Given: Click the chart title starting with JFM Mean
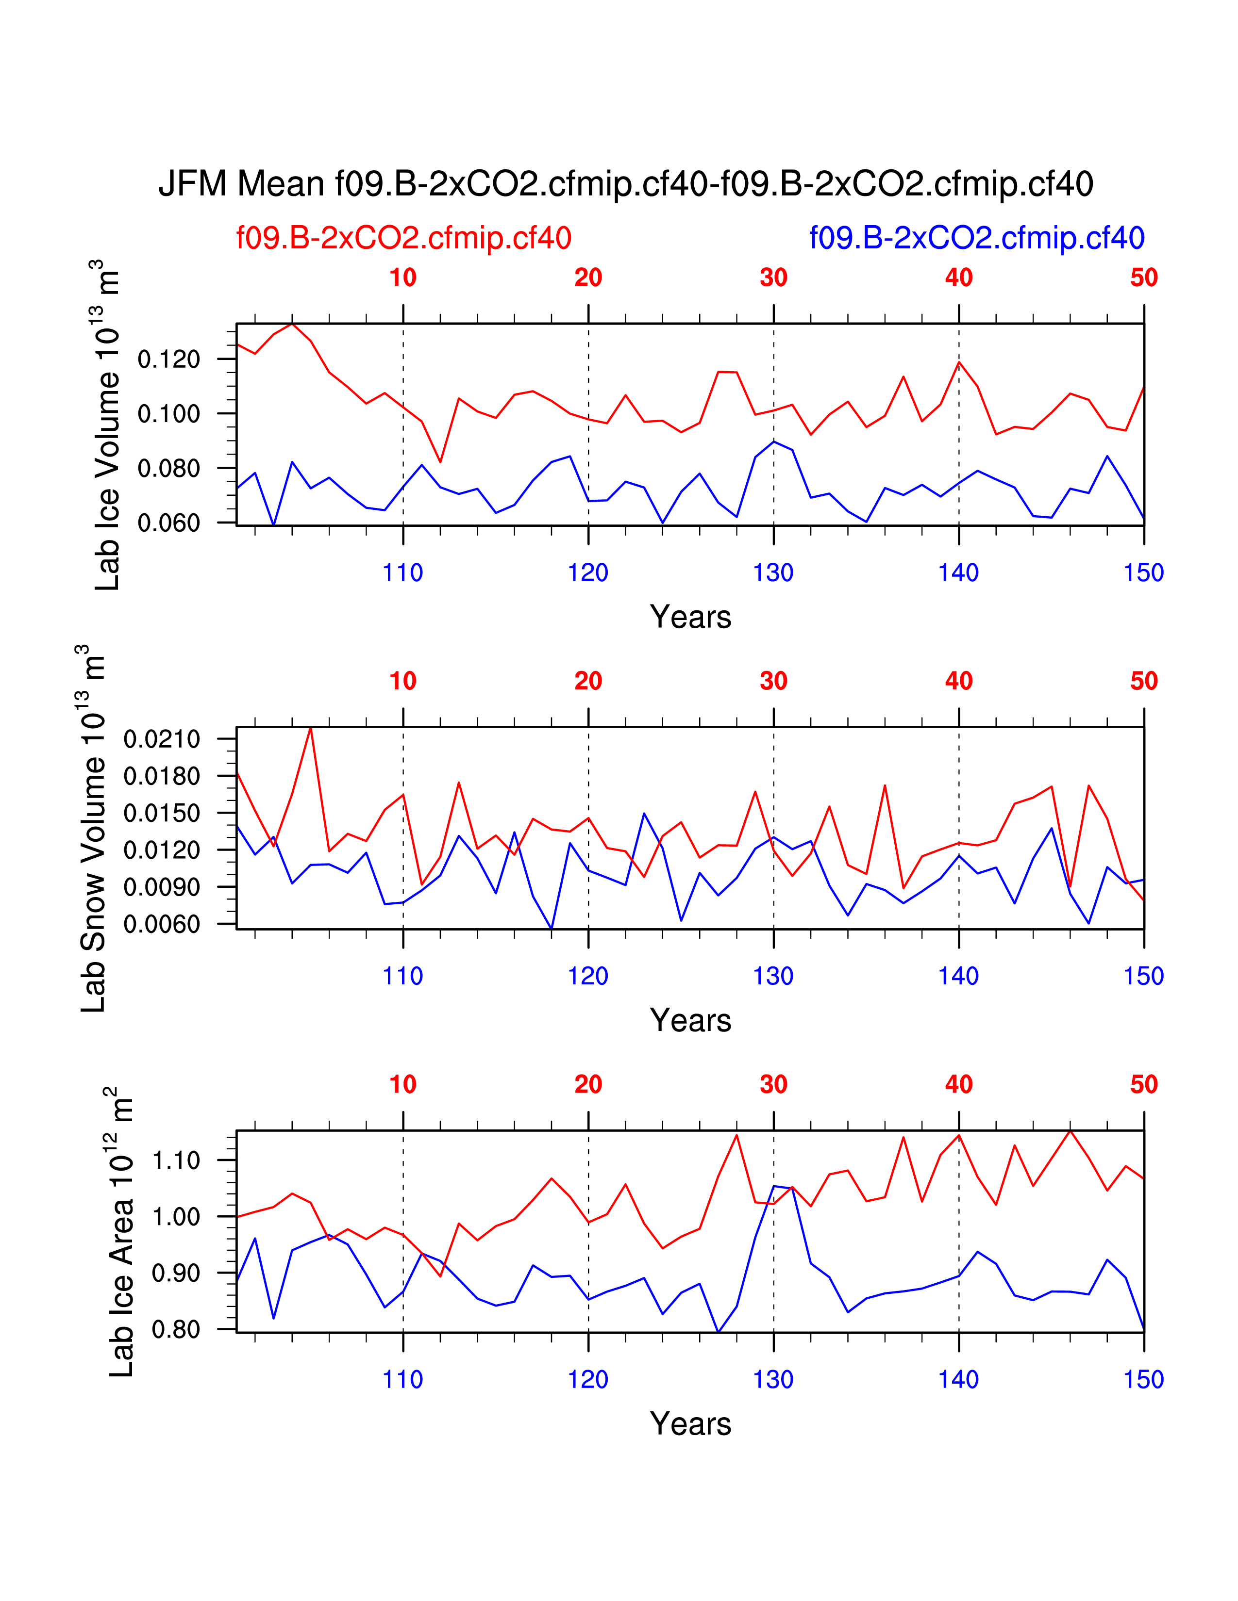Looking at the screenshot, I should [x=626, y=183].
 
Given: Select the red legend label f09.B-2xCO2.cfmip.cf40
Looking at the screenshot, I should [x=403, y=238].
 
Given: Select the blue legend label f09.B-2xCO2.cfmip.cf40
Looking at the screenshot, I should [x=976, y=238].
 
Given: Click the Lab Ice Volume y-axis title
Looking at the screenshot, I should [x=107, y=425].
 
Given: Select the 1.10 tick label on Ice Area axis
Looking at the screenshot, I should [x=176, y=1160].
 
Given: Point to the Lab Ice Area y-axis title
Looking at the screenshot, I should [x=121, y=1231].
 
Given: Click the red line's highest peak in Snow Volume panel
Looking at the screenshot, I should [x=311, y=728].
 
